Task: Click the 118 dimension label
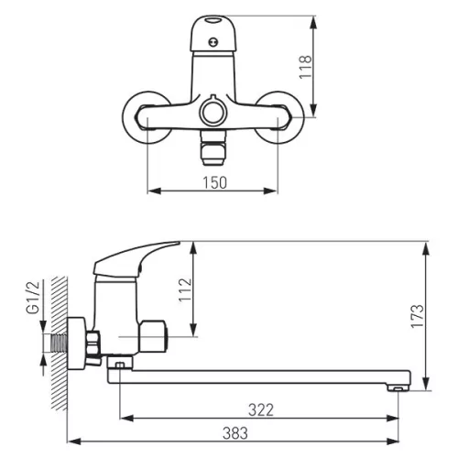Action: (x=305, y=67)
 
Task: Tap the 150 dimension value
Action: (x=215, y=182)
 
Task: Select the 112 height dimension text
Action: (x=185, y=290)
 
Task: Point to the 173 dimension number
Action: (x=418, y=316)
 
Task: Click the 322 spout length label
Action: (x=261, y=410)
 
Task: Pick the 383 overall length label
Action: (x=235, y=433)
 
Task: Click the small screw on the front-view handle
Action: (x=213, y=42)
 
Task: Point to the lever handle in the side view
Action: (x=135, y=259)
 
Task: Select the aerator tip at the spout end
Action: (x=398, y=388)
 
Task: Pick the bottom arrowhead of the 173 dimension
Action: (x=426, y=383)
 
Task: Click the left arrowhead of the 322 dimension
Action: (x=126, y=418)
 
